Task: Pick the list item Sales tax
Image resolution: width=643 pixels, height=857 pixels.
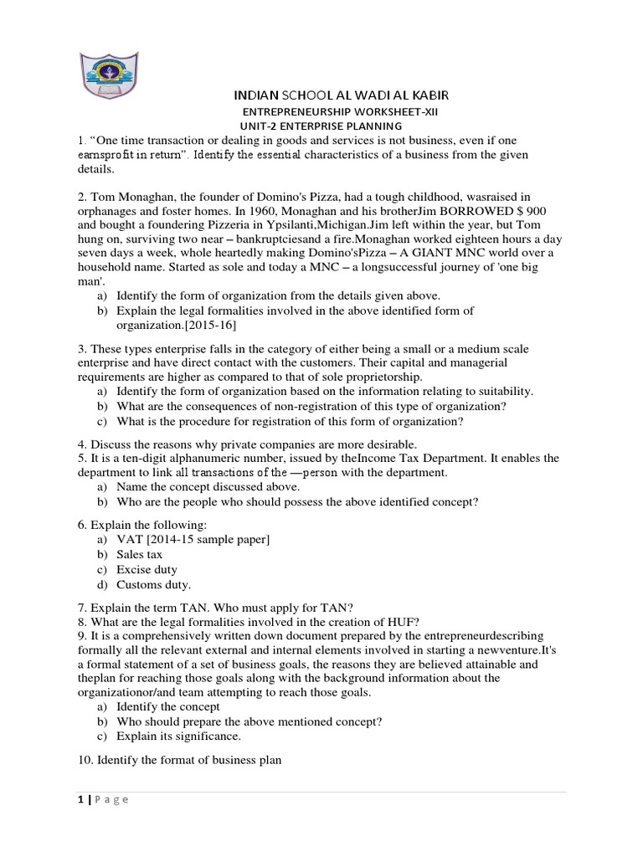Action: point(140,554)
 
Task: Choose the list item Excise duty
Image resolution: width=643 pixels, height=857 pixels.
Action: point(147,570)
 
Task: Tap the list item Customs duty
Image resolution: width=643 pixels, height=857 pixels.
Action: point(153,585)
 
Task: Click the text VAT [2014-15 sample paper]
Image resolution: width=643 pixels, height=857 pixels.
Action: point(193,539)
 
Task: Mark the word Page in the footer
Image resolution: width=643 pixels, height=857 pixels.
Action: point(111,799)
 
